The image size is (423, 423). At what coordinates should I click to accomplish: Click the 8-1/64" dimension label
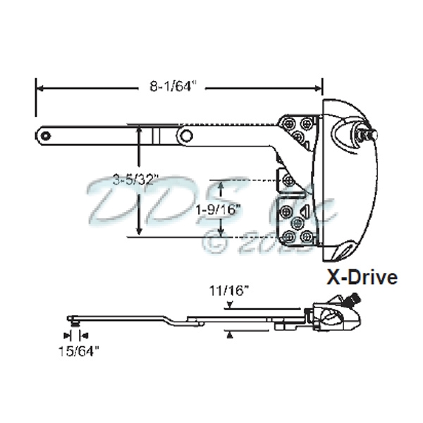pyautogui.click(x=173, y=87)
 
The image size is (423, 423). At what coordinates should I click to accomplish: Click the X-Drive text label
pyautogui.click(x=360, y=277)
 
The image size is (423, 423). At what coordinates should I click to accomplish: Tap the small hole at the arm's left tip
pyautogui.click(x=45, y=134)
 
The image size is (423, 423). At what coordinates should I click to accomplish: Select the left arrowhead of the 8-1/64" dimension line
pyautogui.click(x=40, y=88)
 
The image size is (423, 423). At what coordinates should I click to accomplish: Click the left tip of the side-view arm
pyautogui.click(x=68, y=319)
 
